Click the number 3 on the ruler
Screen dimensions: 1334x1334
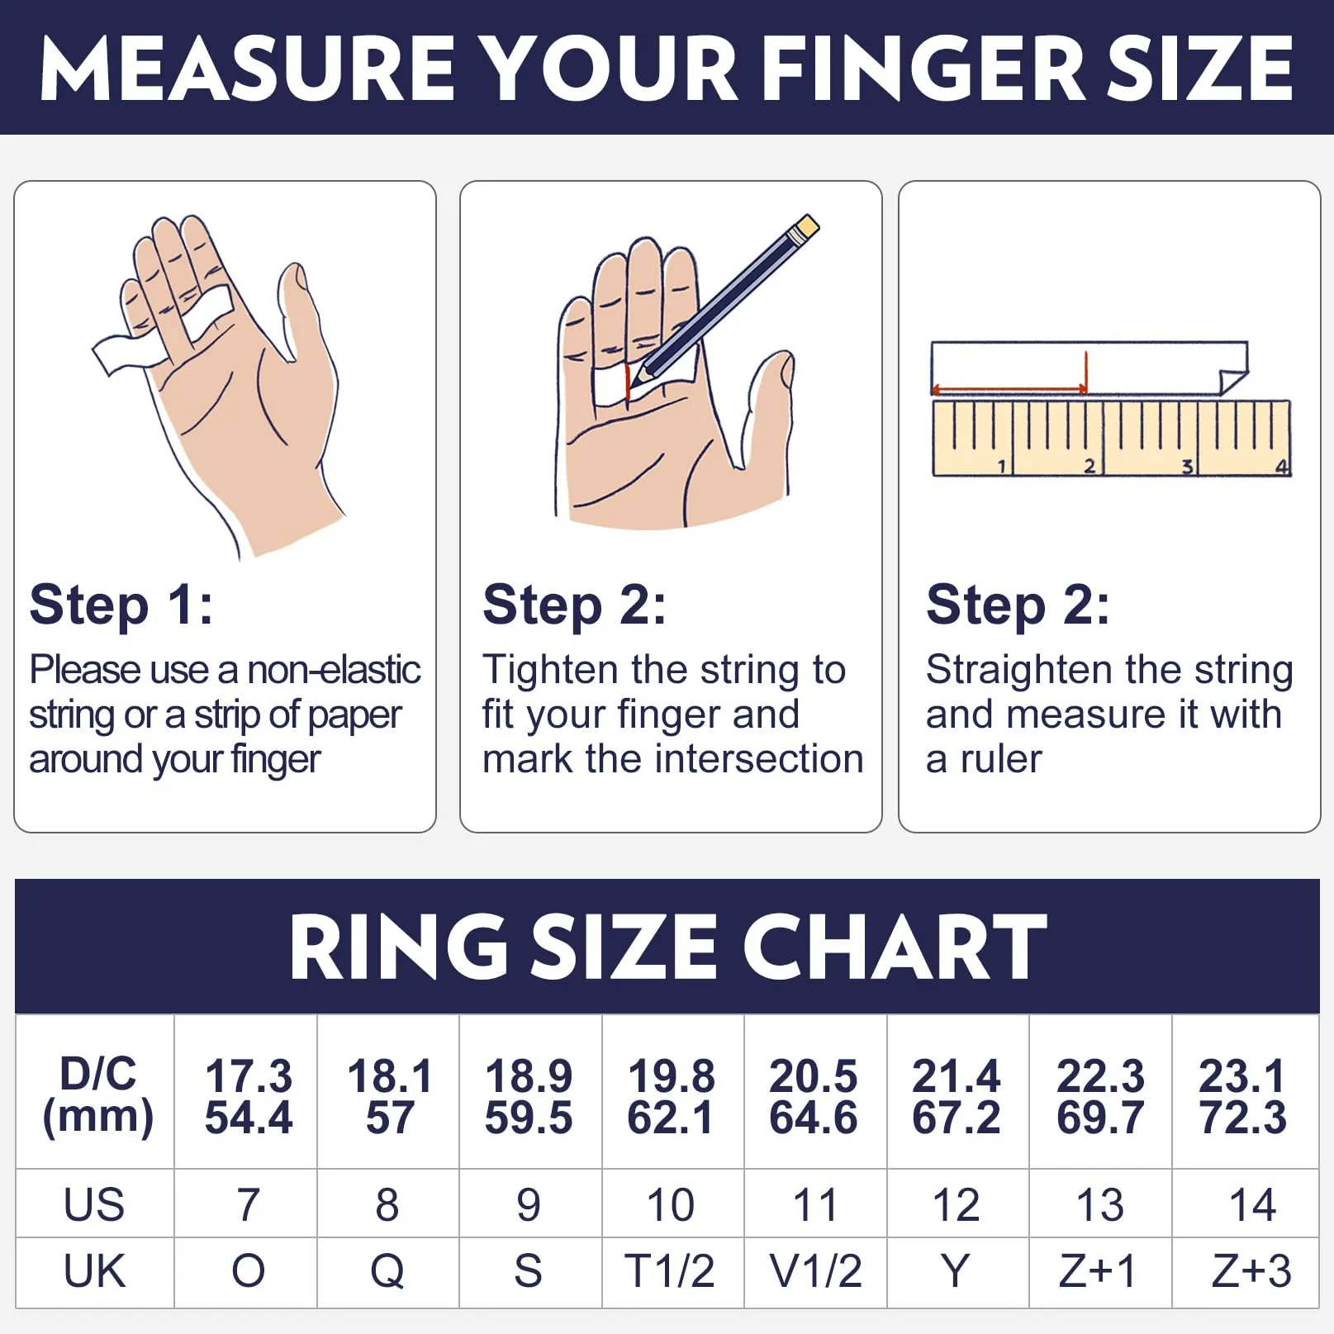[x=1186, y=467]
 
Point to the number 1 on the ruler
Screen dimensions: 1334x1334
[x=1001, y=467]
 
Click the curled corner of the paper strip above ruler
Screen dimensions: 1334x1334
[x=1232, y=378]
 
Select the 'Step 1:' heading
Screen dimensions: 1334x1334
[x=121, y=605]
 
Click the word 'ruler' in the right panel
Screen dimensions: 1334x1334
[x=1001, y=758]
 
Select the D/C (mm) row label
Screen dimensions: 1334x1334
[x=97, y=1095]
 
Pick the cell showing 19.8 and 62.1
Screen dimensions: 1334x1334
[x=671, y=1096]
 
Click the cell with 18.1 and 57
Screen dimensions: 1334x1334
[x=389, y=1096]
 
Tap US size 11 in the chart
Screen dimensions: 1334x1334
[x=814, y=1204]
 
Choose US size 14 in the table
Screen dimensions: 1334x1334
[x=1252, y=1204]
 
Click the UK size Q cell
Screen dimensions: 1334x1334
[x=387, y=1272]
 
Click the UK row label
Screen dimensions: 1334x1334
[x=94, y=1271]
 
